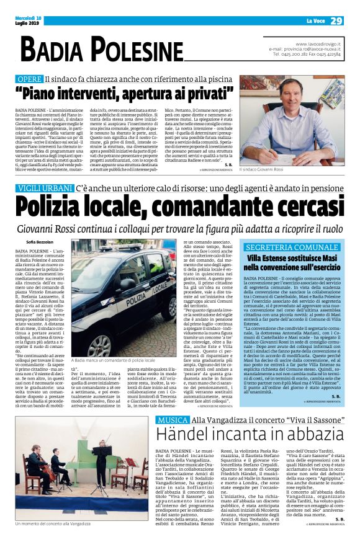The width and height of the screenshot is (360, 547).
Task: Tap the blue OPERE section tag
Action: coord(30,80)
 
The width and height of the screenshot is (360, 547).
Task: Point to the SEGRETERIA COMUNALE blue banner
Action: coord(292,246)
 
